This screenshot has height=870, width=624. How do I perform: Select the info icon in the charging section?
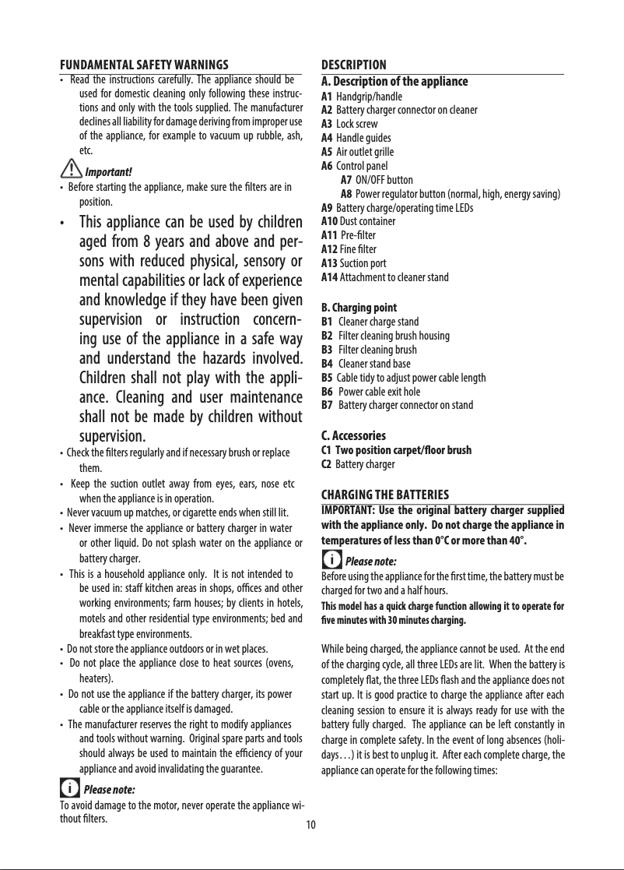pyautogui.click(x=331, y=560)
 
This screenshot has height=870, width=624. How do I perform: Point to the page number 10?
pyautogui.click(x=310, y=825)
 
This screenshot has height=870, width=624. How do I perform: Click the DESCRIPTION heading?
pyautogui.click(x=353, y=64)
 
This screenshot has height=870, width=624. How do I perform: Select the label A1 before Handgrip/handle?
pyautogui.click(x=327, y=97)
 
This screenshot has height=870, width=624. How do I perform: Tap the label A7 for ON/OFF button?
pyautogui.click(x=346, y=180)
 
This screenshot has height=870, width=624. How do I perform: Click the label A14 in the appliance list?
pyautogui.click(x=329, y=277)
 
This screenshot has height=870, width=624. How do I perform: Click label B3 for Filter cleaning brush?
pyautogui.click(x=327, y=350)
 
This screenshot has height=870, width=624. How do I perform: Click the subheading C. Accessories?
pyautogui.click(x=353, y=435)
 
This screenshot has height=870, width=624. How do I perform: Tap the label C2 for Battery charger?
pyautogui.click(x=327, y=465)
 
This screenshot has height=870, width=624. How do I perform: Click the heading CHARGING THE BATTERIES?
pyautogui.click(x=385, y=495)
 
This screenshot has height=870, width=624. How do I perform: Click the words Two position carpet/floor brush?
pyautogui.click(x=403, y=450)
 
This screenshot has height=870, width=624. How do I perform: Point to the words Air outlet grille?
pyautogui.click(x=365, y=152)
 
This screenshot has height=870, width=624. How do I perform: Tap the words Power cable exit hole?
pyautogui.click(x=380, y=392)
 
